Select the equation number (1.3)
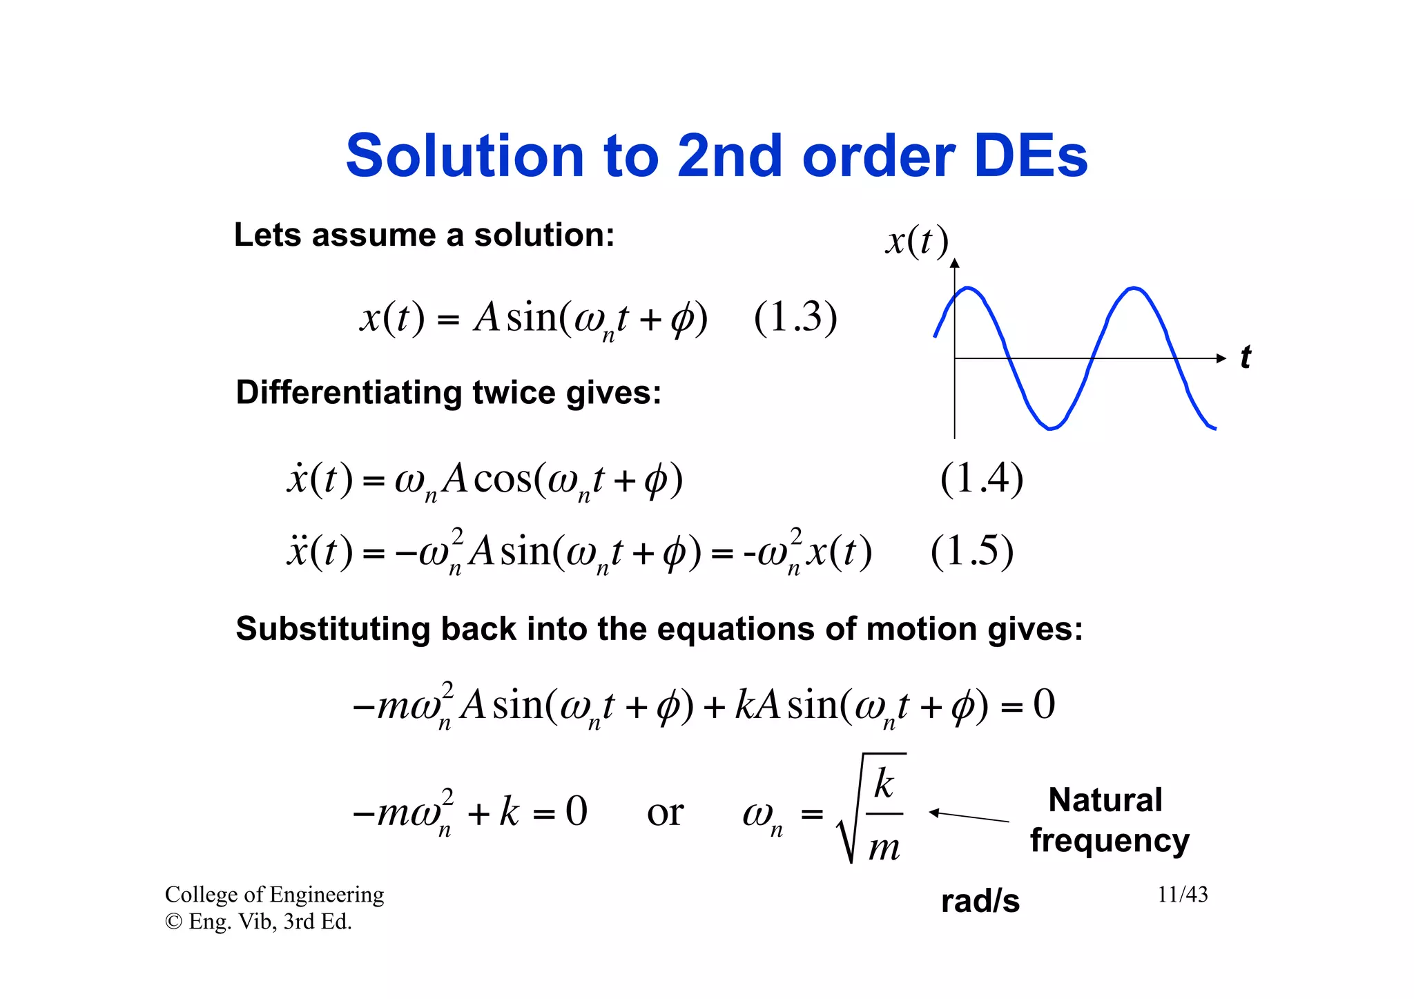[795, 318]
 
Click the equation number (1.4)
[981, 478]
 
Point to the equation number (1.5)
[971, 551]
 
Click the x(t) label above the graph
[917, 241]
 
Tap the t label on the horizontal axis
[1245, 358]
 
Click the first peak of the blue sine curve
[968, 287]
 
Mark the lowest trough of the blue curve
[1050, 429]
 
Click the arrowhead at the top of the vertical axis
[955, 263]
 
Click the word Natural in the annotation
[1105, 800]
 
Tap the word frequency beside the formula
[1110, 841]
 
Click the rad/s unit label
[980, 901]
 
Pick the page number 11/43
[1182, 895]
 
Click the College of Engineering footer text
[274, 895]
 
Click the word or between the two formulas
[665, 813]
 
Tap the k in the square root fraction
[884, 784]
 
